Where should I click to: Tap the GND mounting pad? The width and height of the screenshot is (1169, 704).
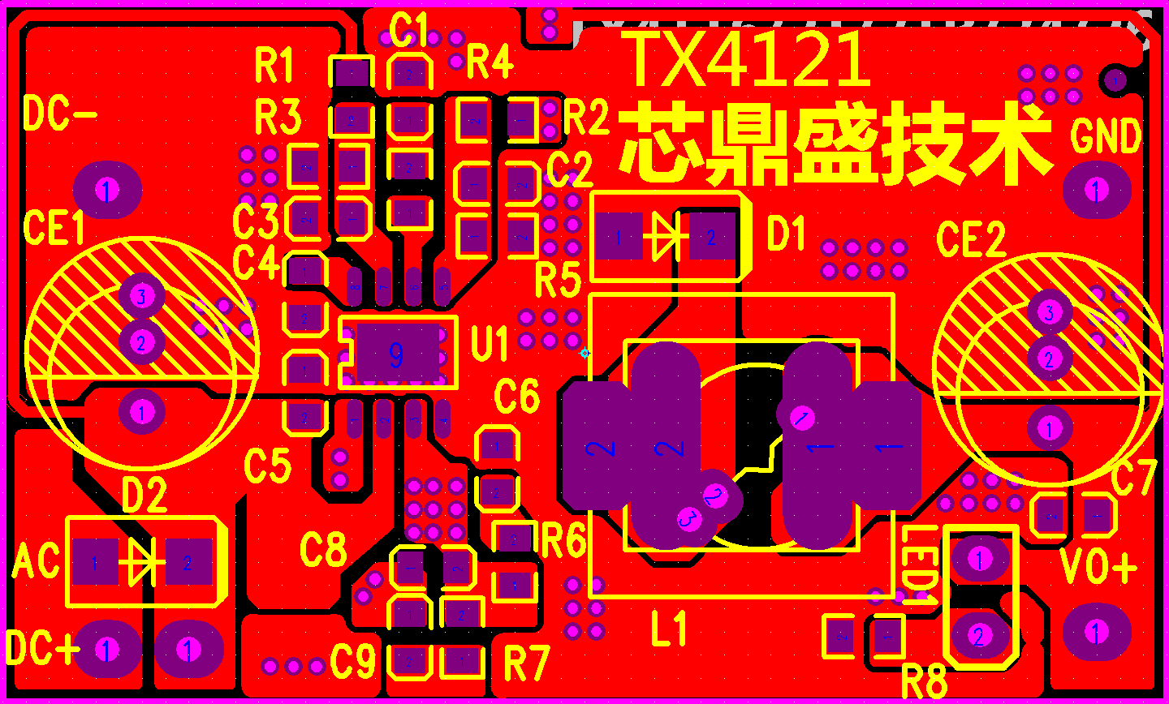1096,191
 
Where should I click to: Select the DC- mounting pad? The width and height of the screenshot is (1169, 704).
107,191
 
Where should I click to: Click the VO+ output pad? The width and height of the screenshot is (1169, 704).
1096,632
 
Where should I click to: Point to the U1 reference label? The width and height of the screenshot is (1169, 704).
490,344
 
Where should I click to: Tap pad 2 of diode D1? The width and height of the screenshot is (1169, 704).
712,237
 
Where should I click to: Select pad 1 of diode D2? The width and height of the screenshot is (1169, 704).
95,562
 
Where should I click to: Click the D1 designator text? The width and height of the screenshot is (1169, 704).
786,234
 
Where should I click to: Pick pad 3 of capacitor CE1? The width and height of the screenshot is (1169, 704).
141,295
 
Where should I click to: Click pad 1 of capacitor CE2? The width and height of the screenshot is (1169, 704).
1050,428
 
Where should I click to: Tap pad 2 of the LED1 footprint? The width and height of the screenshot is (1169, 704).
979,636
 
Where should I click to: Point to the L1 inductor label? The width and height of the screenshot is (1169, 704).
669,629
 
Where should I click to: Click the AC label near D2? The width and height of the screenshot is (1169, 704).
37,561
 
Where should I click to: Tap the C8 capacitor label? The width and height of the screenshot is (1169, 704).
323,550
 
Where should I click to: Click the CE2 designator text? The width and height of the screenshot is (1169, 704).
971,239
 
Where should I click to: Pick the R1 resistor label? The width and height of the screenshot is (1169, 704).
274,65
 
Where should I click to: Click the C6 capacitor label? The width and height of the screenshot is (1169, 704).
516,396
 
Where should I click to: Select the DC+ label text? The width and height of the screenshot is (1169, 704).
42,648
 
